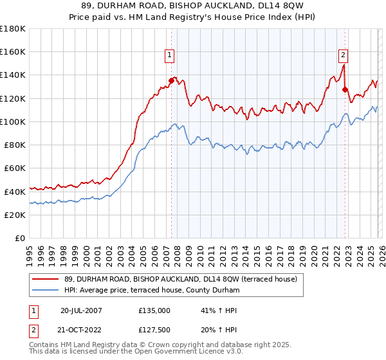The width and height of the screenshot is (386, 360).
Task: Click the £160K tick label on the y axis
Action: click(x=13, y=51)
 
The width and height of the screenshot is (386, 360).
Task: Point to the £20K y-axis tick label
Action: click(x=15, y=215)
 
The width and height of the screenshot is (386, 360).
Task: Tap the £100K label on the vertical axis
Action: click(x=13, y=122)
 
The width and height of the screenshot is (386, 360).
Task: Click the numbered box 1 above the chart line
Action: click(x=170, y=55)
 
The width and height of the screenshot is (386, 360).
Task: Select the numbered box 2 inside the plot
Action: click(x=344, y=55)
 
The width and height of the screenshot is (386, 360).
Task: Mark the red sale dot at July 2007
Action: click(x=171, y=80)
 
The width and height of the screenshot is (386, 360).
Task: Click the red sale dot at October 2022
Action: click(x=345, y=89)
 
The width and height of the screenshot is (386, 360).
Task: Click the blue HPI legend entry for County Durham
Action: click(x=152, y=291)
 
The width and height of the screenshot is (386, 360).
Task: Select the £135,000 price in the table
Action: click(x=154, y=310)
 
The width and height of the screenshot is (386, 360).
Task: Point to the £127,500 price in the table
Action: click(x=154, y=330)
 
